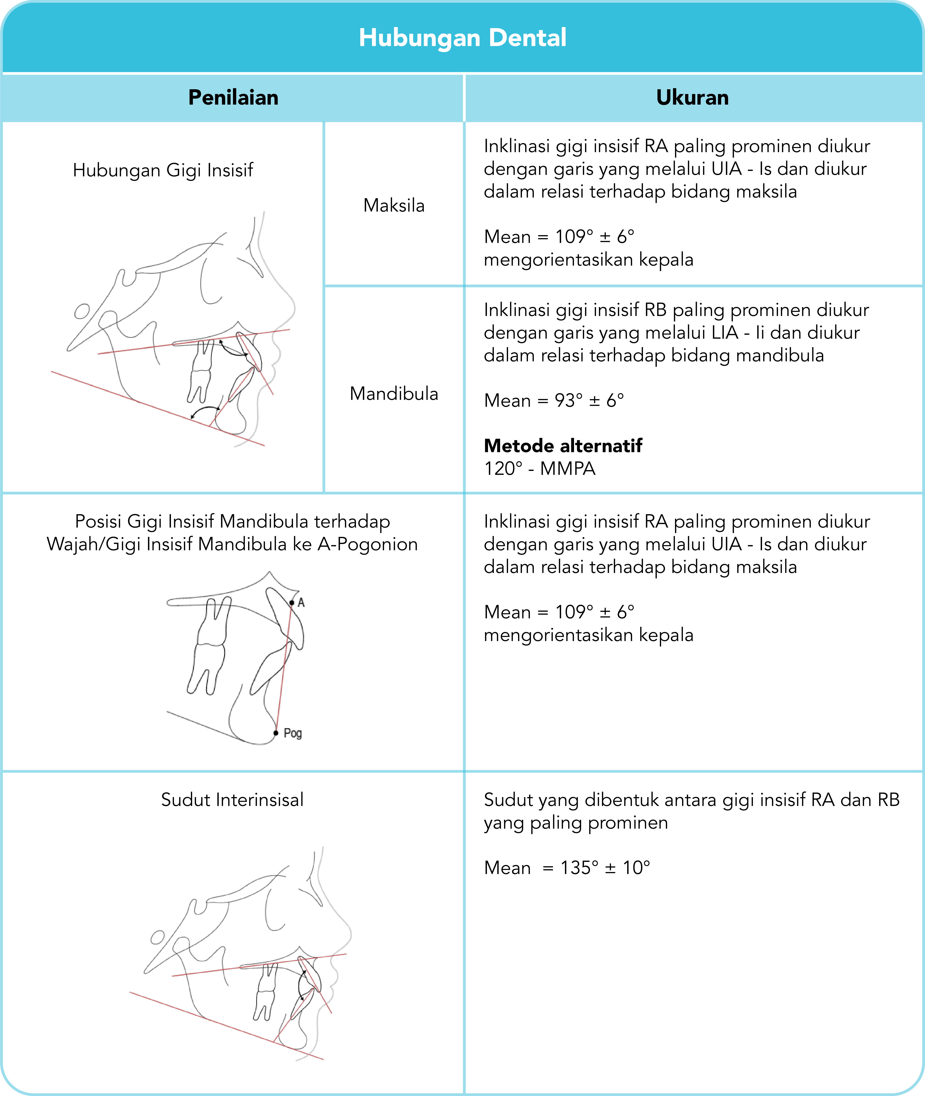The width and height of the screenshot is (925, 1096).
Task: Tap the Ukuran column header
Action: tap(692, 97)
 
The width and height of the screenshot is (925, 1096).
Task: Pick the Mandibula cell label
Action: tap(394, 393)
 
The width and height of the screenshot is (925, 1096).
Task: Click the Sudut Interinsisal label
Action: tap(232, 800)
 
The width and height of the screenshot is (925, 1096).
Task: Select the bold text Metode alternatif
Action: tap(563, 446)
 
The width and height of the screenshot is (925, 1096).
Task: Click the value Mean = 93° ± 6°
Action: tap(554, 401)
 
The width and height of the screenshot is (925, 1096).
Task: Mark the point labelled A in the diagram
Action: tap(292, 603)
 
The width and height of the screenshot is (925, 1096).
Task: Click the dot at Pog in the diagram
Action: tap(276, 733)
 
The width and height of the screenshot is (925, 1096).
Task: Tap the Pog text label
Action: tap(293, 733)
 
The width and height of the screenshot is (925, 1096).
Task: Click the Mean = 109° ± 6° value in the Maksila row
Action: tap(559, 237)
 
